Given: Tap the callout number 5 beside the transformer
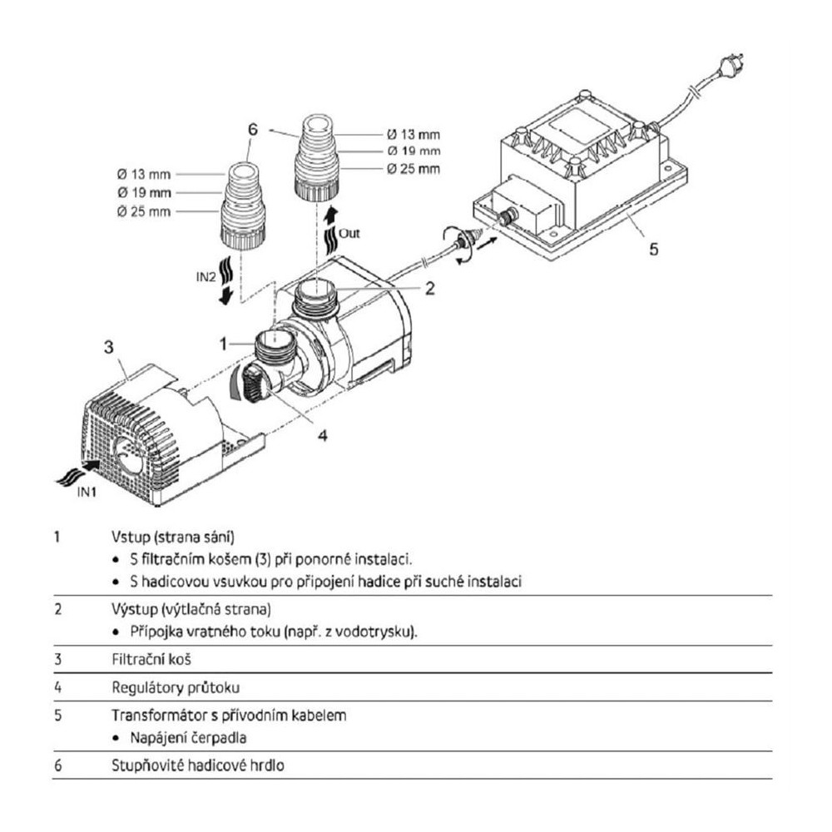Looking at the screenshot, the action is (x=654, y=248).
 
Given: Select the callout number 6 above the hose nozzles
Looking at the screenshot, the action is (x=253, y=129).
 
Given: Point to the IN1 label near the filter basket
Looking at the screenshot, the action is (x=87, y=492).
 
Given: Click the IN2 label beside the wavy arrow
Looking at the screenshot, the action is (x=206, y=276).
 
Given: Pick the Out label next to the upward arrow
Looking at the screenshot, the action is (x=349, y=234).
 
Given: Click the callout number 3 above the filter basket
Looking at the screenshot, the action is (x=109, y=347).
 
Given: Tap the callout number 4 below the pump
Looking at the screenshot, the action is (x=323, y=435).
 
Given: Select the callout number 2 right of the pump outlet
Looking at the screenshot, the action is (x=430, y=288).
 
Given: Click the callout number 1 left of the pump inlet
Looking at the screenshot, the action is (x=223, y=344).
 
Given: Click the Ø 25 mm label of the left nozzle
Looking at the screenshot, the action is (x=144, y=211).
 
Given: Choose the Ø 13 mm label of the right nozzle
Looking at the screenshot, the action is (x=414, y=135).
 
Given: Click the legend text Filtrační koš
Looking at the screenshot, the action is (x=151, y=660).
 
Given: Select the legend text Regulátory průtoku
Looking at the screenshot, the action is (x=176, y=688).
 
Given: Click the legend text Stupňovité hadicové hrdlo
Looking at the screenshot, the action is (x=198, y=765).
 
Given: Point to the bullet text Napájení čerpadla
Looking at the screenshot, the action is (x=188, y=737).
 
